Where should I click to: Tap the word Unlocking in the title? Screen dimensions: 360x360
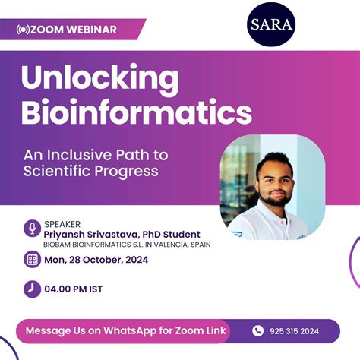point(101,78)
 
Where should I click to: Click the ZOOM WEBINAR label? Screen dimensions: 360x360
point(74,30)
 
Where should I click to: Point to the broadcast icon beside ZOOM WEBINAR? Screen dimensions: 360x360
point(22,30)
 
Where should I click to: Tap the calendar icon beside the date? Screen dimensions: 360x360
point(32,260)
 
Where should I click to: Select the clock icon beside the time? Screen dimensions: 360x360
point(32,289)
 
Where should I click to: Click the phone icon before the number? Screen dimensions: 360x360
point(257,330)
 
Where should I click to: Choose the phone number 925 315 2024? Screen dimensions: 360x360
point(295,331)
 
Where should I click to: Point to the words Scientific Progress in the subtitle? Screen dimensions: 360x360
point(90,171)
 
